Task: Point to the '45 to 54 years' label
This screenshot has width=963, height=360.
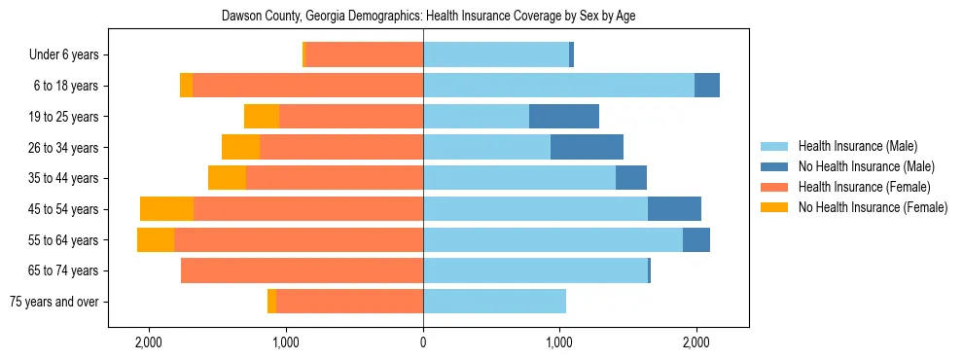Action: (63, 209)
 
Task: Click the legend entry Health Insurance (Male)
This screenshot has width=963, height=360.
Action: (857, 146)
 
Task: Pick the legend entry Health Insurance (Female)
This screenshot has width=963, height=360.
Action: (863, 187)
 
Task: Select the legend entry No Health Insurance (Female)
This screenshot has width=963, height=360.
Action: (872, 207)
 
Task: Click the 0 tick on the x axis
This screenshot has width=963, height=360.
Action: (423, 342)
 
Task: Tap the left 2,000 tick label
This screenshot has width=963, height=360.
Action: (149, 342)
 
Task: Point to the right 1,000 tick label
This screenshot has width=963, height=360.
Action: (559, 342)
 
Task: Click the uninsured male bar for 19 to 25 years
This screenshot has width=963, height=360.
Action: (564, 117)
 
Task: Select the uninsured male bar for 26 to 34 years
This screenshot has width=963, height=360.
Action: (587, 147)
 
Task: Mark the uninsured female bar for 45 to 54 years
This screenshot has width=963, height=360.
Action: (166, 209)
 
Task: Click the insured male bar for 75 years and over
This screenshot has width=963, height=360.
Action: (494, 302)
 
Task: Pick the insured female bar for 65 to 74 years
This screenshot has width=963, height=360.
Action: (302, 270)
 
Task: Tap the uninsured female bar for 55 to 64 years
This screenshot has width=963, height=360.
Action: (156, 240)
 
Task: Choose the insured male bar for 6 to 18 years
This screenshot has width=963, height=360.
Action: (558, 86)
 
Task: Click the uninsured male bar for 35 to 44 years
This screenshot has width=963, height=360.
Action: (631, 178)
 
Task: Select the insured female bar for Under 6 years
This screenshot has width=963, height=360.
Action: (364, 55)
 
